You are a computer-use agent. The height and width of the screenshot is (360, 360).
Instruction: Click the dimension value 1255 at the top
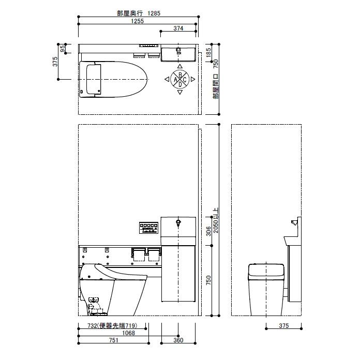pos(137,22)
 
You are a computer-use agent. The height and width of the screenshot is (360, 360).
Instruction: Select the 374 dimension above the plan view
pos(178,28)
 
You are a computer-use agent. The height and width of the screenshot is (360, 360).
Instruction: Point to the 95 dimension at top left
pos(63,49)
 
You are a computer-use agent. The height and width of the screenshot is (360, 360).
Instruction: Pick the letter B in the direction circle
pos(179,75)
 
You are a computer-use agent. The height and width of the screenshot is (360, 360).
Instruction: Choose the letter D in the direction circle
pos(179,84)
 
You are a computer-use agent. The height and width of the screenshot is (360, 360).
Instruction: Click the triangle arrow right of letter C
pos(193,80)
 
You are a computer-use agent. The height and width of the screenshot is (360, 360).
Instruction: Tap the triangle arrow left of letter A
pos(167,80)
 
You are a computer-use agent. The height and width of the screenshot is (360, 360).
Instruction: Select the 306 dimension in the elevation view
pos(208,231)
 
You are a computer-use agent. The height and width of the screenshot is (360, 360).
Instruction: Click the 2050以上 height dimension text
pos(216,220)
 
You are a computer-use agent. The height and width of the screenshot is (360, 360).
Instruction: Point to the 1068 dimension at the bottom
pos(113,333)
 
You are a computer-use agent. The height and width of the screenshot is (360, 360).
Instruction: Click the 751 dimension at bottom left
pos(113,340)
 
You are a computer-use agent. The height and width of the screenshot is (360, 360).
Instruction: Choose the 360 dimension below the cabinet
pos(178,340)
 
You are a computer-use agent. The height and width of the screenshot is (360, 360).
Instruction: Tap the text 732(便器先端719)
pos(112,326)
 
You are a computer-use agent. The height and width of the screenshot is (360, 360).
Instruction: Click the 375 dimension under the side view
pos(283,326)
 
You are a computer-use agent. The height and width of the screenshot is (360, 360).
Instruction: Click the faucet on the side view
pos(294,223)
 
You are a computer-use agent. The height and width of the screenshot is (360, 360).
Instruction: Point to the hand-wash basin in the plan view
pos(178,53)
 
